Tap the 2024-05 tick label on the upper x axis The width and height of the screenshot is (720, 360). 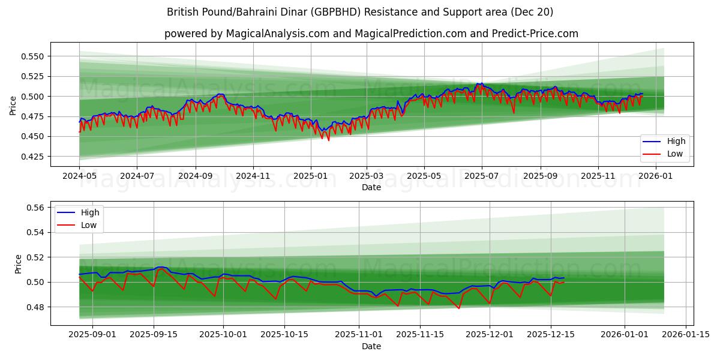tap(79, 177)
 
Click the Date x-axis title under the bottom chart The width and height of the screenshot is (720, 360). tap(371, 346)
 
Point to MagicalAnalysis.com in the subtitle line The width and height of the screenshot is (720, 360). tap(277, 34)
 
